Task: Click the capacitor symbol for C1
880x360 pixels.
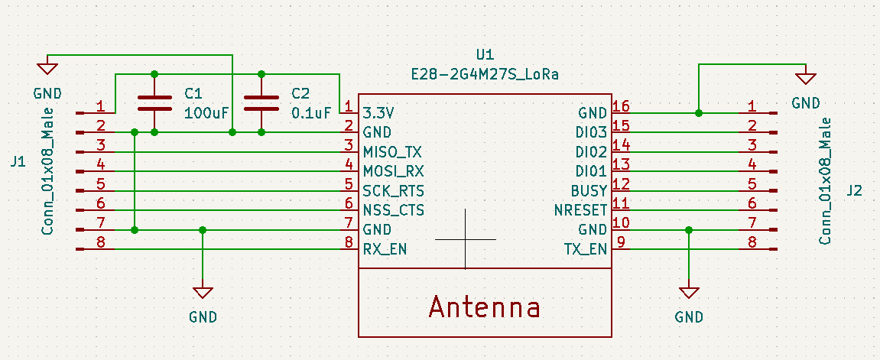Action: [155, 103]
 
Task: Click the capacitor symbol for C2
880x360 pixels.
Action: [261, 103]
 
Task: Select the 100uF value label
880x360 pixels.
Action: [206, 113]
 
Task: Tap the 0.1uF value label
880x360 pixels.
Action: [311, 113]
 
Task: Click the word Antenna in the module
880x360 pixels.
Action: [484, 307]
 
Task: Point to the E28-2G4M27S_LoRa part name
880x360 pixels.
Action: [485, 75]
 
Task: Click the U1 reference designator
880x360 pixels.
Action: [485, 55]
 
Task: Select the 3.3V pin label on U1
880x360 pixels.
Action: [380, 112]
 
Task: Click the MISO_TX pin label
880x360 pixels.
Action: [392, 151]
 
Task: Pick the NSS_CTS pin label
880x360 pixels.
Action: [393, 210]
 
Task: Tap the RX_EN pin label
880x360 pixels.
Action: [385, 249]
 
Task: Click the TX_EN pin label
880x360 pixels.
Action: [586, 249]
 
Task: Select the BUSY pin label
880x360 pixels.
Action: [589, 190]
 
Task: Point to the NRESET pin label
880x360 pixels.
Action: [580, 210]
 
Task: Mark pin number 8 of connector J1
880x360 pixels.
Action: [100, 243]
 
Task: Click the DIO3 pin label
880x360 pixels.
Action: [591, 132]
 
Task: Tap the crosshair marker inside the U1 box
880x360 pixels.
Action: [465, 239]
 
